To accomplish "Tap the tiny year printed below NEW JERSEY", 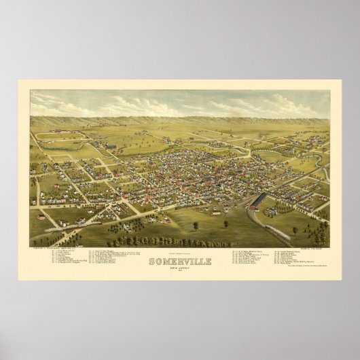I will [x=179, y=273].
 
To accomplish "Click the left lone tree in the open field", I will [x=196, y=224].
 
